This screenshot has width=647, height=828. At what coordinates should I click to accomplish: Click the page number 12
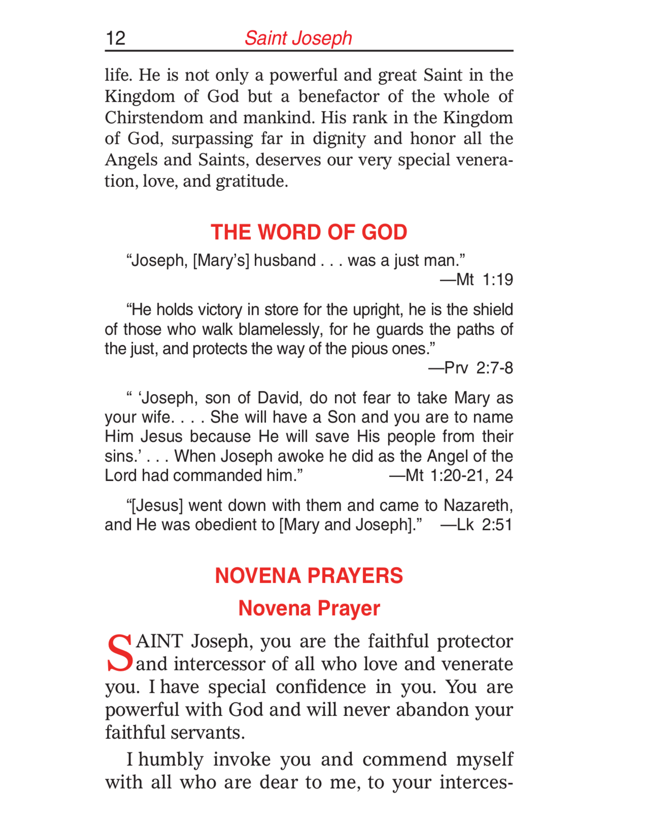coord(115,38)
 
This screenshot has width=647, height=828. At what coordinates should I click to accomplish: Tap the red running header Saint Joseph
coord(298,38)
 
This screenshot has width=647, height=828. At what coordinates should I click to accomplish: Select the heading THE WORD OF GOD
coord(309,232)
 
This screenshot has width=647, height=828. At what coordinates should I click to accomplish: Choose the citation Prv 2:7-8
coord(471,368)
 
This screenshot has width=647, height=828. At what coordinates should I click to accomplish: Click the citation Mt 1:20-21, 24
coord(451,475)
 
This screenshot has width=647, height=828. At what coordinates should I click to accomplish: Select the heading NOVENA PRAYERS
coord(309,576)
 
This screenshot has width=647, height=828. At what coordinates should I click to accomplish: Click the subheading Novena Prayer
coord(309,608)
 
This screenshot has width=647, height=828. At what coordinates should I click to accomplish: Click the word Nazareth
coord(478,505)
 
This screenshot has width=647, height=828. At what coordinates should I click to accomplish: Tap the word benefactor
coord(339,97)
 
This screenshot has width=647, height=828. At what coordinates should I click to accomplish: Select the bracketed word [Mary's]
coord(221,261)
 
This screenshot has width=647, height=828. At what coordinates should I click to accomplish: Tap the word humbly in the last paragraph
coord(171,760)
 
